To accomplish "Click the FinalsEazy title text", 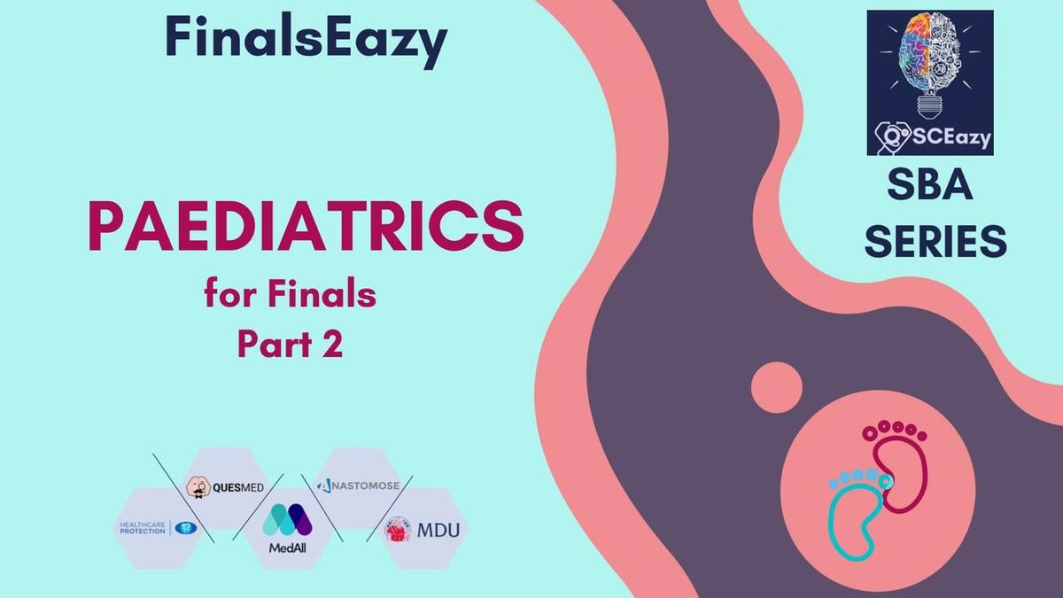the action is pos(306,40).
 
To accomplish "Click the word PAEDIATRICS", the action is pos(306,227).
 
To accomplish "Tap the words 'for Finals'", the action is pos(291,294).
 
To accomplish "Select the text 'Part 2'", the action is pos(290,344).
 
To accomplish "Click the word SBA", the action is pos(930,185).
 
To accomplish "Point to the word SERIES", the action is pos(935,241).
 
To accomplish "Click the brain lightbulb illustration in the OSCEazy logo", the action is pos(930,65).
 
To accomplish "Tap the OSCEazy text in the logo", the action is pos(933,136).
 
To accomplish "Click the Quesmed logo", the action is pos(225,487).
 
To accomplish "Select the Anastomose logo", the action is pos(358,485).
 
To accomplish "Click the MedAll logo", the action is pos(288,528).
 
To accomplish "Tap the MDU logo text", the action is pos(438,530).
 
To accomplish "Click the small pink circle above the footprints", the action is pos(777,387).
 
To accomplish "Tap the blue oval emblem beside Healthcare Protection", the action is pos(185,528).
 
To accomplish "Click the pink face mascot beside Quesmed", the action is pos(198,487).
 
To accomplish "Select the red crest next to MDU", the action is pos(398,530).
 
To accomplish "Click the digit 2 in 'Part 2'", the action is pos(333,344).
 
